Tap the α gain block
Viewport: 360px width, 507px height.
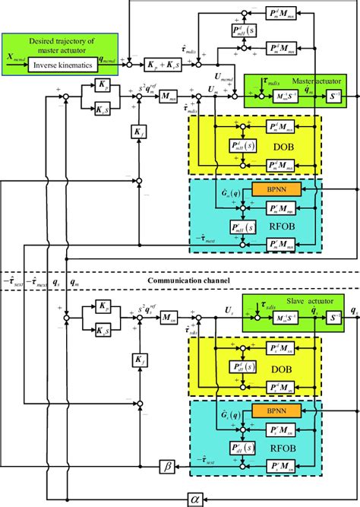click(302, 498)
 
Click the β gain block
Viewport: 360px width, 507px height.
click(166, 464)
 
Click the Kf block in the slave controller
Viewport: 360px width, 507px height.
click(138, 359)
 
